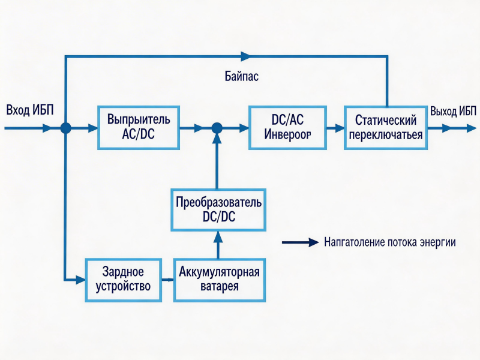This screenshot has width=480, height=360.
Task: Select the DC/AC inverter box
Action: [287, 127]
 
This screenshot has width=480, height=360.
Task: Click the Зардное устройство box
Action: [124, 280]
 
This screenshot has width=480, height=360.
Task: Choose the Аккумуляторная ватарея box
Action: [219, 280]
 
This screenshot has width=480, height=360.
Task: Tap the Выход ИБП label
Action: [453, 111]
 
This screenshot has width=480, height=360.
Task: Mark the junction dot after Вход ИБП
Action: [65, 128]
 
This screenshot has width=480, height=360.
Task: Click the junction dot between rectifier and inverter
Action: [217, 128]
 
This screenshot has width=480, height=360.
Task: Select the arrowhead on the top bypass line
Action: [245, 56]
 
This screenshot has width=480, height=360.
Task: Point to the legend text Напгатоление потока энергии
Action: [389, 243]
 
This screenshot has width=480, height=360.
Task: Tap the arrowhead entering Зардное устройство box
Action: [82, 280]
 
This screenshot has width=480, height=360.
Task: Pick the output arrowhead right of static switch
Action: [447, 128]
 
